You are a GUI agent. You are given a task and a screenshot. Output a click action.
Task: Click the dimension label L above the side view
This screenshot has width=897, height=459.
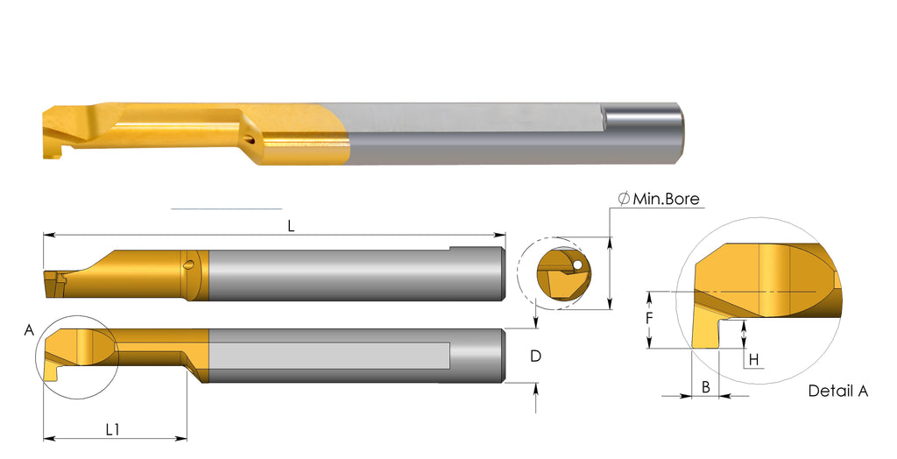pos(291,225)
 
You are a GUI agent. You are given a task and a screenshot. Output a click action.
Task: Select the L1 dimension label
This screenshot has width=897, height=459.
pos(113,429)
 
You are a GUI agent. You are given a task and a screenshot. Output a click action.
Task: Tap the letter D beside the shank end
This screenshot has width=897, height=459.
pos(536,356)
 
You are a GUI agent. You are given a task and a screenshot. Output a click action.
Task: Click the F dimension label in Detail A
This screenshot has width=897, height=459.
pos(649,319)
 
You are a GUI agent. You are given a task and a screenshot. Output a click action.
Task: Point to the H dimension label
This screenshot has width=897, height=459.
pos(752,359)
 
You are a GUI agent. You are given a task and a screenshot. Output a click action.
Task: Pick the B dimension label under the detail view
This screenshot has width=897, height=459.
pos(705,385)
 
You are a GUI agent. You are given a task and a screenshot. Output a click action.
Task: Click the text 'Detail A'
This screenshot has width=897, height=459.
pos(837,391)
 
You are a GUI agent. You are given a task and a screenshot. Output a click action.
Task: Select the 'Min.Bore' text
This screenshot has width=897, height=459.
pos(666,199)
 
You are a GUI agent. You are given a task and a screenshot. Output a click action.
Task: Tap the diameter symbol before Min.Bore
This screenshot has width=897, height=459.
pos(623,199)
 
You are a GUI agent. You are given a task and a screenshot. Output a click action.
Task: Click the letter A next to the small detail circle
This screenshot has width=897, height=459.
pos(29,330)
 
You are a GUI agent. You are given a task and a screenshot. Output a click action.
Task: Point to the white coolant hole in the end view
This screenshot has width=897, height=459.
pos(577,263)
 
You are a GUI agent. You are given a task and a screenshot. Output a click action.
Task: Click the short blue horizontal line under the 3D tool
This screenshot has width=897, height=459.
pos(226,209)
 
